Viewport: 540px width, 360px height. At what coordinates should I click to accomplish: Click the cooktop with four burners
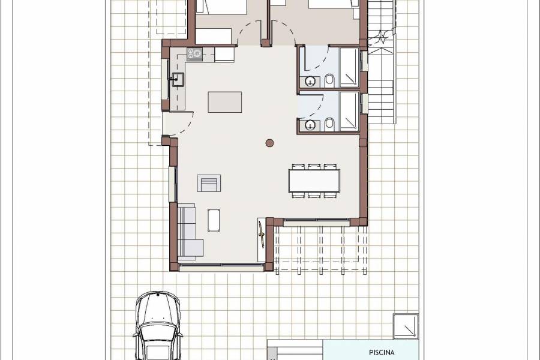(194, 54)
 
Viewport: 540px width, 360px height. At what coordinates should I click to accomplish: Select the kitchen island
(225, 102)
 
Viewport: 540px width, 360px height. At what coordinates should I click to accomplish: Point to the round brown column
(269, 143)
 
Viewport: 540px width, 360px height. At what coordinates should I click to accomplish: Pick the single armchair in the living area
(209, 182)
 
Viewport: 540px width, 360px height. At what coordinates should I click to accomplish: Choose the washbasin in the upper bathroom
(310, 81)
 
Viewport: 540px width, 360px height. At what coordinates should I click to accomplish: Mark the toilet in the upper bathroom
(329, 79)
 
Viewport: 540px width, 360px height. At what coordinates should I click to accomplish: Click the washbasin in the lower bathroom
(310, 125)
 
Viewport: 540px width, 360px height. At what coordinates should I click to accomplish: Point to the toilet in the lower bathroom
(329, 124)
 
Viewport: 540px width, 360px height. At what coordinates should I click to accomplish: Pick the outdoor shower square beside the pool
(406, 326)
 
